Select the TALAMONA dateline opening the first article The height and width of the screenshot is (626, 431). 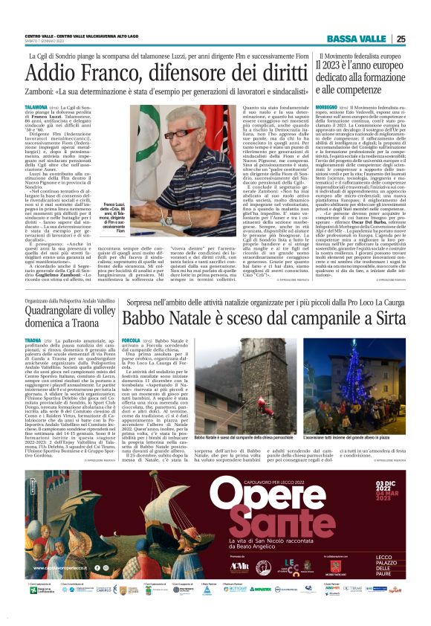(36, 108)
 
